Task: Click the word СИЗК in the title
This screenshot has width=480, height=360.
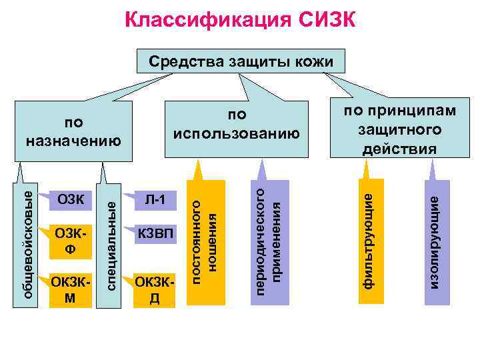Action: point(318,21)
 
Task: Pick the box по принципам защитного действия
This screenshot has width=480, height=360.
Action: point(400,129)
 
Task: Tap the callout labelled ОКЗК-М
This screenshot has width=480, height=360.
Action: point(69,288)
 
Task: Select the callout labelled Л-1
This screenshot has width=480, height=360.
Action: point(155,199)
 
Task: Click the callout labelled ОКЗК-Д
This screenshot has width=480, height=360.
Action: point(155,288)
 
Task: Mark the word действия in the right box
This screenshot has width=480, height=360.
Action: point(400,148)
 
